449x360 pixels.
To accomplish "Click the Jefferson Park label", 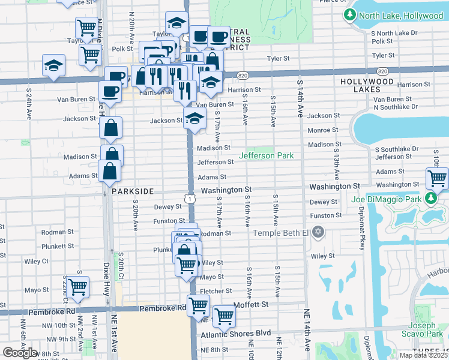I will tap(267, 155).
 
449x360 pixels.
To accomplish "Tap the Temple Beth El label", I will tap(280, 233).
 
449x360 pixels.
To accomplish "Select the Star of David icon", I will tap(318, 232).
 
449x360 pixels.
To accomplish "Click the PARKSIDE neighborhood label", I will tap(133, 191).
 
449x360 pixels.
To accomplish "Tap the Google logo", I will tap(20, 353).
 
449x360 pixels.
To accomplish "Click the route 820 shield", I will tap(243, 75).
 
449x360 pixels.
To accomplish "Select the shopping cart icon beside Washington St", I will tap(437, 178).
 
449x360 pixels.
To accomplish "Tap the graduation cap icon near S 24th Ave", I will tap(53, 65).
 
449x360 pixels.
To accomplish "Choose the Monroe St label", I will tap(323, 130).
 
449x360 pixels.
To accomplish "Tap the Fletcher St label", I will tap(216, 291).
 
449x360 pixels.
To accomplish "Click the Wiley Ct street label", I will tap(37, 261).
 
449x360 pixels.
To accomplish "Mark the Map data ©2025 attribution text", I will tap(423, 355).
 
